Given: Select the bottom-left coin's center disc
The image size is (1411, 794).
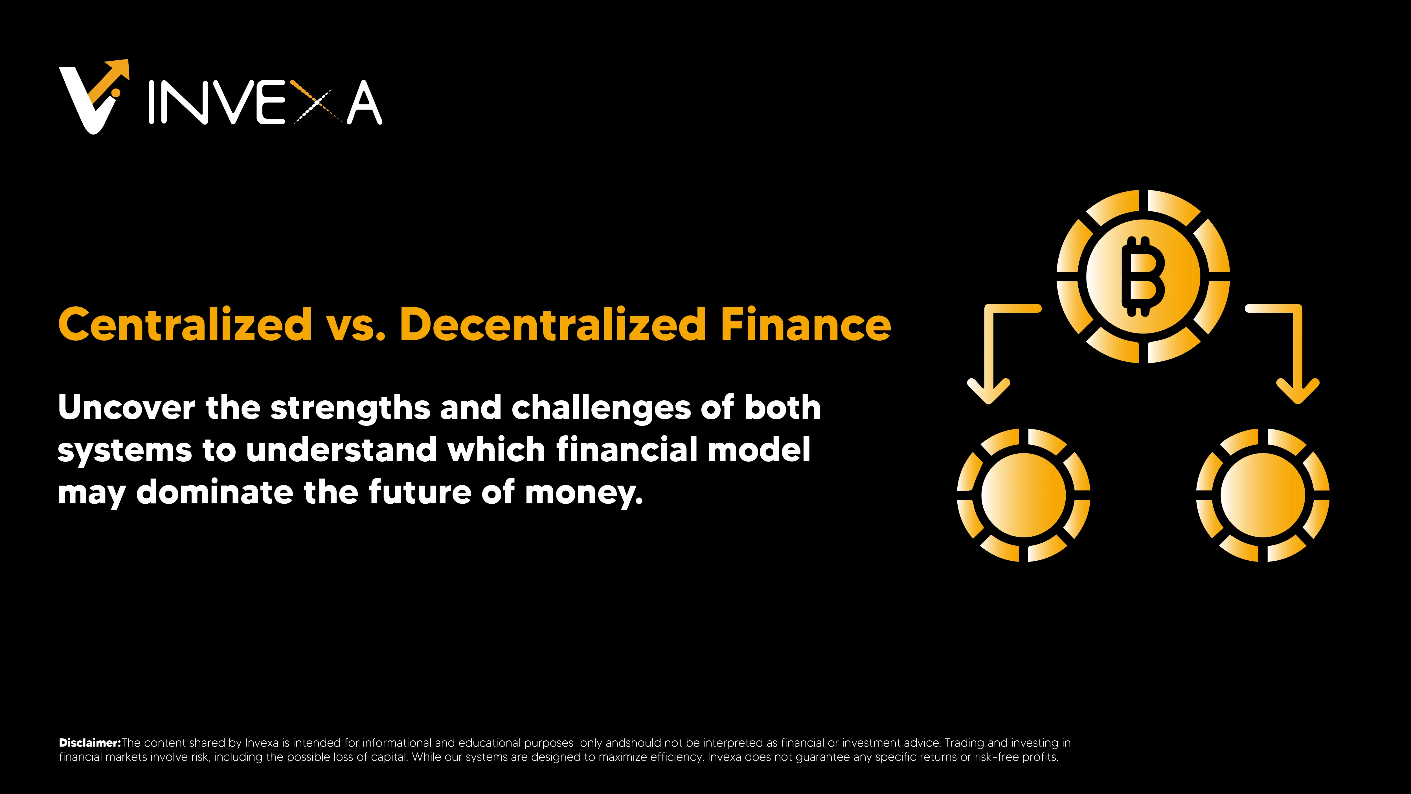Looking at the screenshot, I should (x=1023, y=495).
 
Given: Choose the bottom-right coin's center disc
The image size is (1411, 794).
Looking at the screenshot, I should (x=1263, y=495).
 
